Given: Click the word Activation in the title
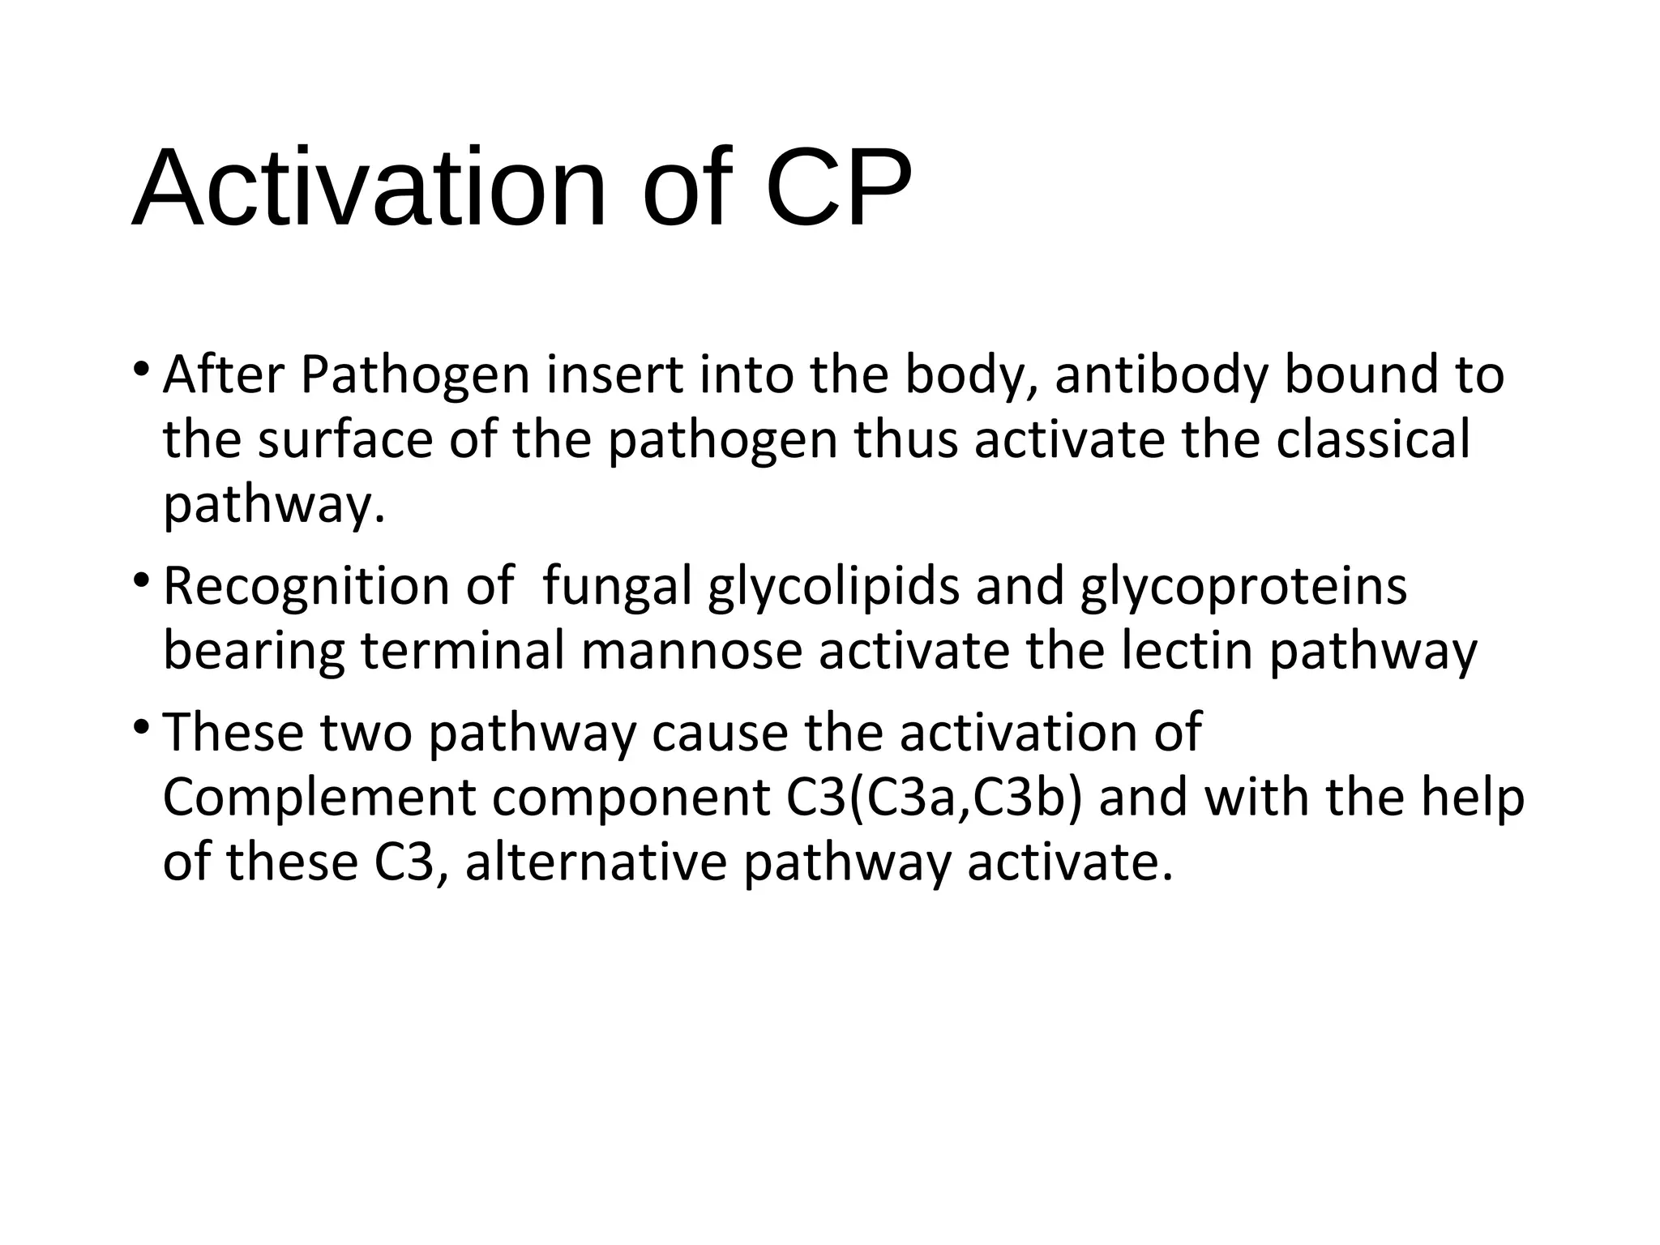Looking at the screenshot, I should pos(369,189).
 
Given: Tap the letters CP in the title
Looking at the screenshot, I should pos(838,189).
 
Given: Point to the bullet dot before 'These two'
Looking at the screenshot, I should pos(141,727).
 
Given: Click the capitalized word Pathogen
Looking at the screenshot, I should pos(414,377).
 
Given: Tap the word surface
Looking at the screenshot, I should pos(345,440).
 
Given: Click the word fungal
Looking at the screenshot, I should pos(617,587).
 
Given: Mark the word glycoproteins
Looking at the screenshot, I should pos(1243,587).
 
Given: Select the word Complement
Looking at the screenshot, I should pos(319,798).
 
